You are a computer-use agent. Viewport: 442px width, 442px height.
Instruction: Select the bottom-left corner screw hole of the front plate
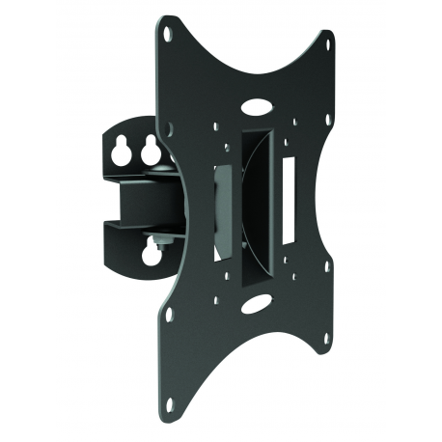click(x=170, y=315)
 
